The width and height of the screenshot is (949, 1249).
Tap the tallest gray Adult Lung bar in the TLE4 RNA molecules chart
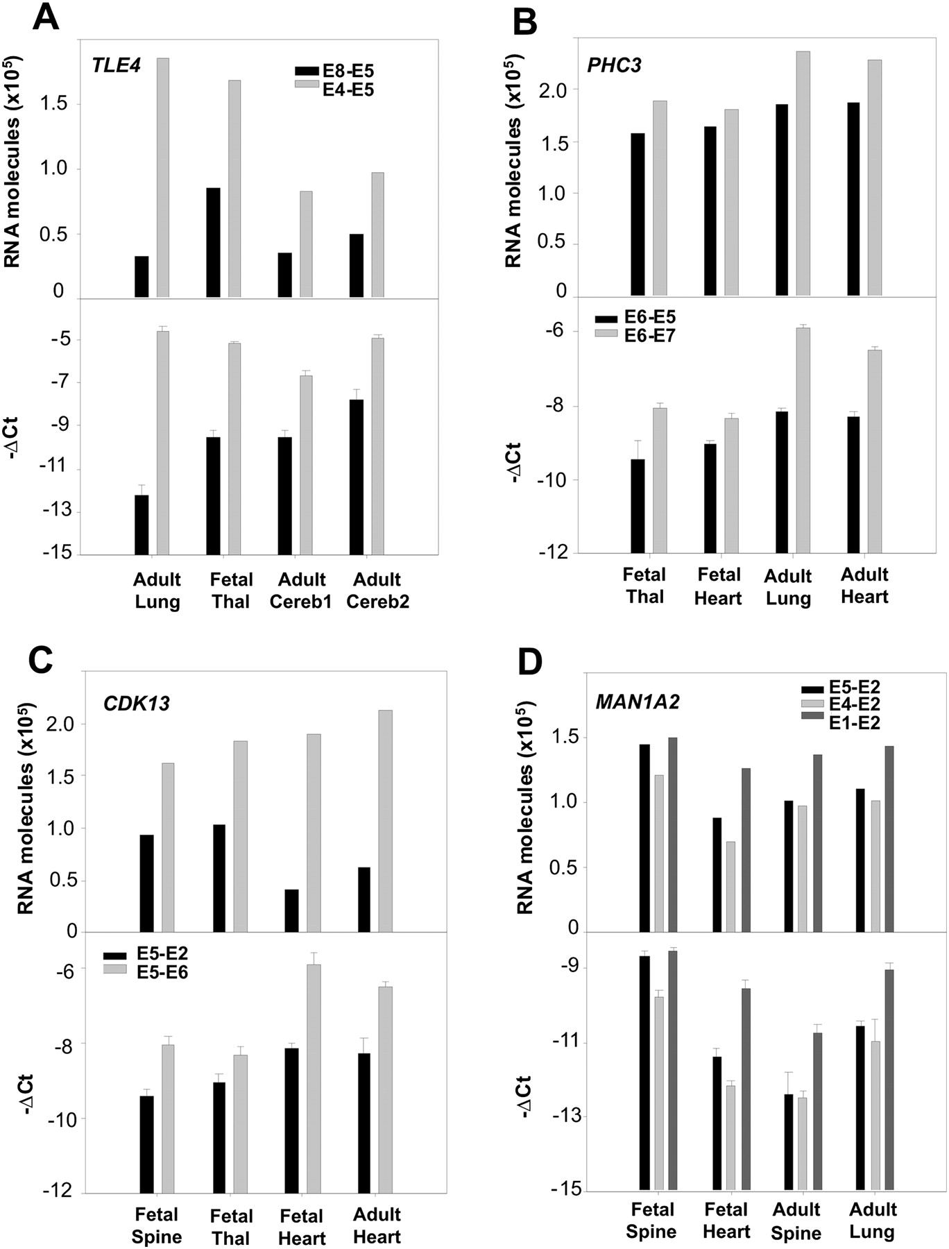tap(163, 178)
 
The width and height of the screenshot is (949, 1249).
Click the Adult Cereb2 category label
tap(377, 590)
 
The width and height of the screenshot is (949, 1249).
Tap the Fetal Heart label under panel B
tap(719, 586)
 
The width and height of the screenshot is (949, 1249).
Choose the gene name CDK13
tap(137, 704)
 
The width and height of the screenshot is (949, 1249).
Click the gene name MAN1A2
tap(638, 702)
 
